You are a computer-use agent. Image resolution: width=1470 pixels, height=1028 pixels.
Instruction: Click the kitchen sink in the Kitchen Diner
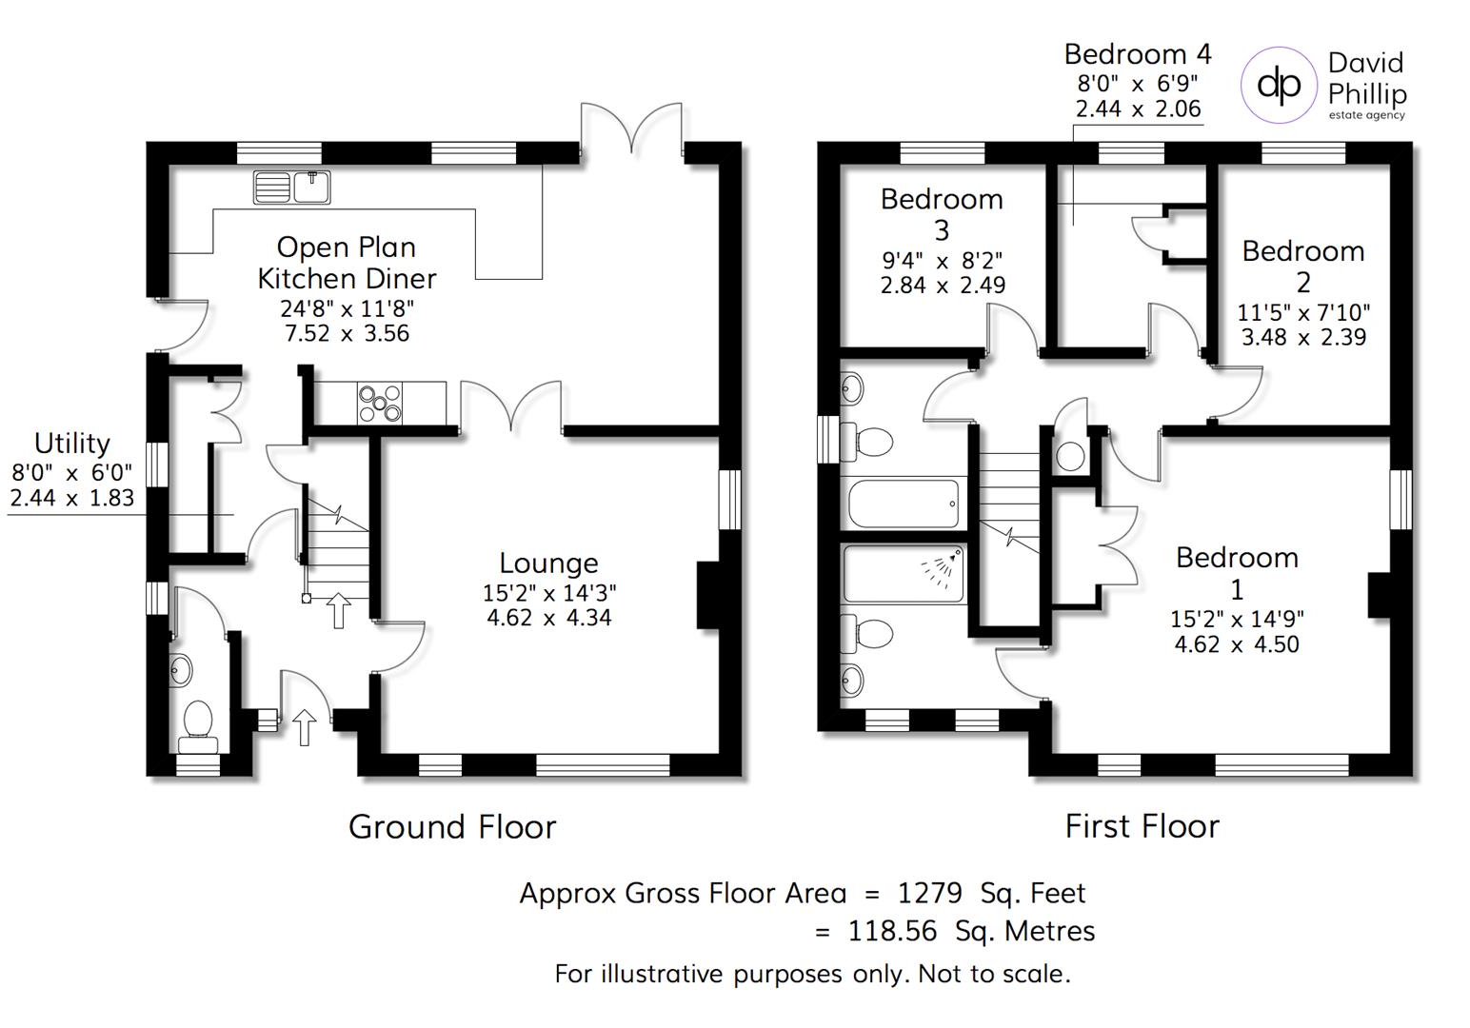pos(292,187)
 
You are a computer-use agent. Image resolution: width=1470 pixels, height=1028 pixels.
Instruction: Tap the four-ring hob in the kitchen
pos(380,402)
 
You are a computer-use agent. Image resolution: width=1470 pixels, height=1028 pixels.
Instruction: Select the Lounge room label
pos(548,563)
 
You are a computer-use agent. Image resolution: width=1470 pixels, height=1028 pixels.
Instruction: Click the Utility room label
pos(72,444)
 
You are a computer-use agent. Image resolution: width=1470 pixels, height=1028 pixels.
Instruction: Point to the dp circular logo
pos(1279,85)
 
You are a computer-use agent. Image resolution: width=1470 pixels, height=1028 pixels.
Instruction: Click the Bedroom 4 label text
pos(1138,54)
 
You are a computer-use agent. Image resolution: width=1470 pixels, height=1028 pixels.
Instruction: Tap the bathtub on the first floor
pos(904,504)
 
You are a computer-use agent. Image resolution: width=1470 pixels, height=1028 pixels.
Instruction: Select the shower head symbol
pos(943,568)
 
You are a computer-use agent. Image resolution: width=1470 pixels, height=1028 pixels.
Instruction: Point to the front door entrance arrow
pos(304,727)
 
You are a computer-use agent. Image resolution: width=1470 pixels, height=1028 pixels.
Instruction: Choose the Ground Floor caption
pos(452,826)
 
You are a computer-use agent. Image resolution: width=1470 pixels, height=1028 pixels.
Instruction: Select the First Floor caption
pos(1142,826)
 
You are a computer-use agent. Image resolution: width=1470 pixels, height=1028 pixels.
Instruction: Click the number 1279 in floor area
pos(930,893)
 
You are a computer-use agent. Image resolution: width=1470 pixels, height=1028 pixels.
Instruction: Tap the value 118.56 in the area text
pos(892,931)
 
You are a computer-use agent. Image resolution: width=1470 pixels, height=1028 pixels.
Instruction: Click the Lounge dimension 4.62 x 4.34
pos(549,618)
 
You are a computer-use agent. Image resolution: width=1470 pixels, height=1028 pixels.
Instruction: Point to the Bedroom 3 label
pos(942,214)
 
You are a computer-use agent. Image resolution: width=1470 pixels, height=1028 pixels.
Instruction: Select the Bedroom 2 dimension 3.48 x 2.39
pos(1303,337)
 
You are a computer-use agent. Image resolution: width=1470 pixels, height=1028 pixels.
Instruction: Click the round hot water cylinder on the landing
pos(1071,457)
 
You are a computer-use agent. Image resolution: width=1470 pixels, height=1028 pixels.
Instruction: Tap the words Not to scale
pos(994,974)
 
